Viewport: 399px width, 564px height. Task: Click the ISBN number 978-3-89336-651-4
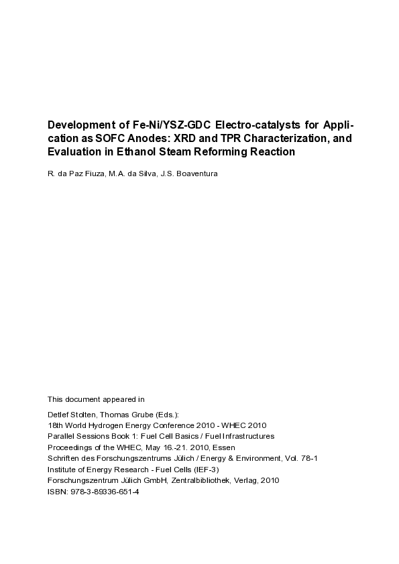(x=103, y=491)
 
